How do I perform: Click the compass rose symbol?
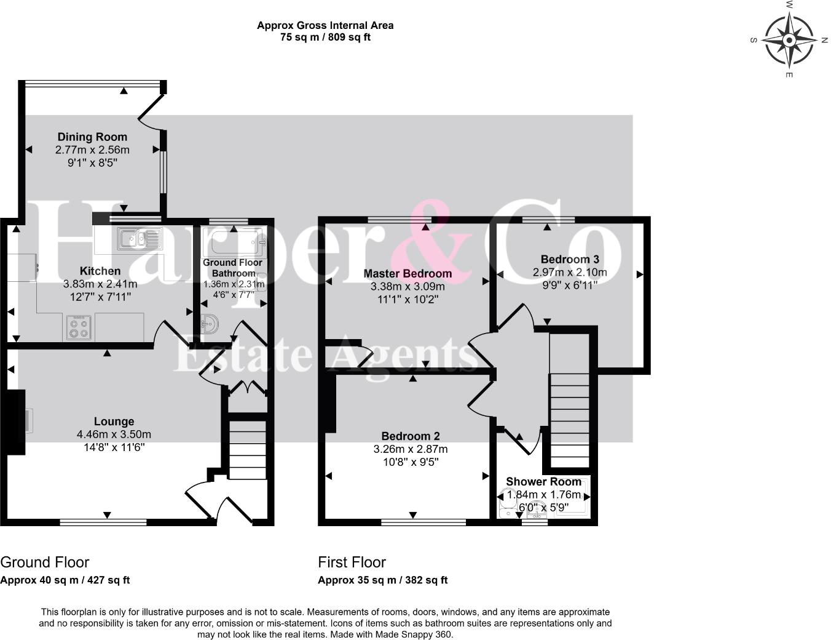click(789, 40)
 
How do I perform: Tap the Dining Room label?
click(92, 137)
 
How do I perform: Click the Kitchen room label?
click(100, 271)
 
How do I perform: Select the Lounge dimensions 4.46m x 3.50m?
click(114, 434)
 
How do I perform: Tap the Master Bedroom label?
click(408, 273)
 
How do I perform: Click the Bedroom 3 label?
click(570, 259)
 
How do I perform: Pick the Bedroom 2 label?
click(411, 436)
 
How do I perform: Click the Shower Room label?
click(543, 481)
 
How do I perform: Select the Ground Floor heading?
click(45, 562)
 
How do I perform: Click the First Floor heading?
click(352, 562)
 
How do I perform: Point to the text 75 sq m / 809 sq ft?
click(325, 37)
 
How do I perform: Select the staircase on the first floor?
click(569, 422)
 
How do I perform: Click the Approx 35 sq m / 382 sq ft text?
click(382, 580)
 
